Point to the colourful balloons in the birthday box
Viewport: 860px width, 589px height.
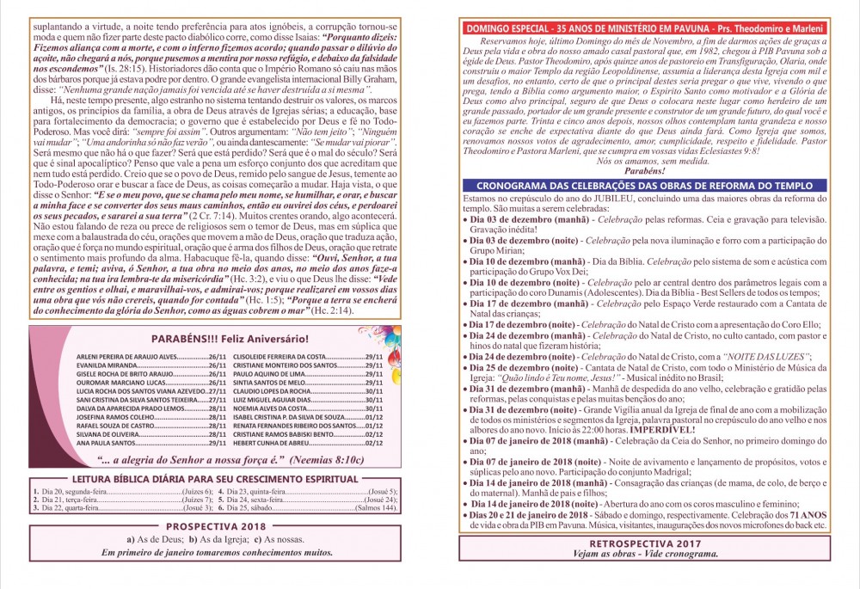pyautogui.click(x=379, y=336)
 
